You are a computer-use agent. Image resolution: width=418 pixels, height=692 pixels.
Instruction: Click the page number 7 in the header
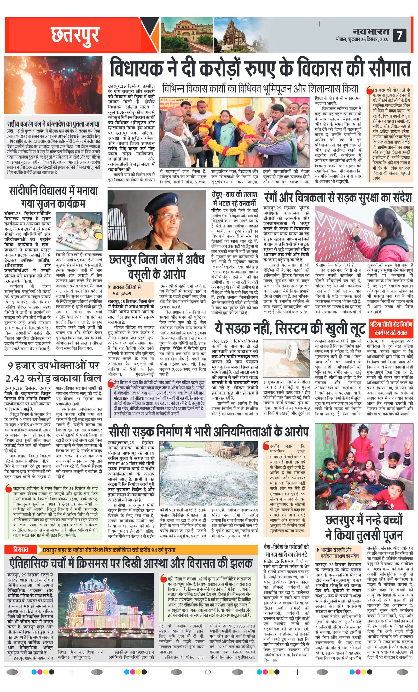click(399, 35)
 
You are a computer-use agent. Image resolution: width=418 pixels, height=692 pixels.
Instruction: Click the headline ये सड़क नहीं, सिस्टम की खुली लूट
click(290, 328)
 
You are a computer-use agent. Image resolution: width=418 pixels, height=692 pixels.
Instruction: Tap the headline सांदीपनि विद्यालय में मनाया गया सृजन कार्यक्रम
click(53, 197)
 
